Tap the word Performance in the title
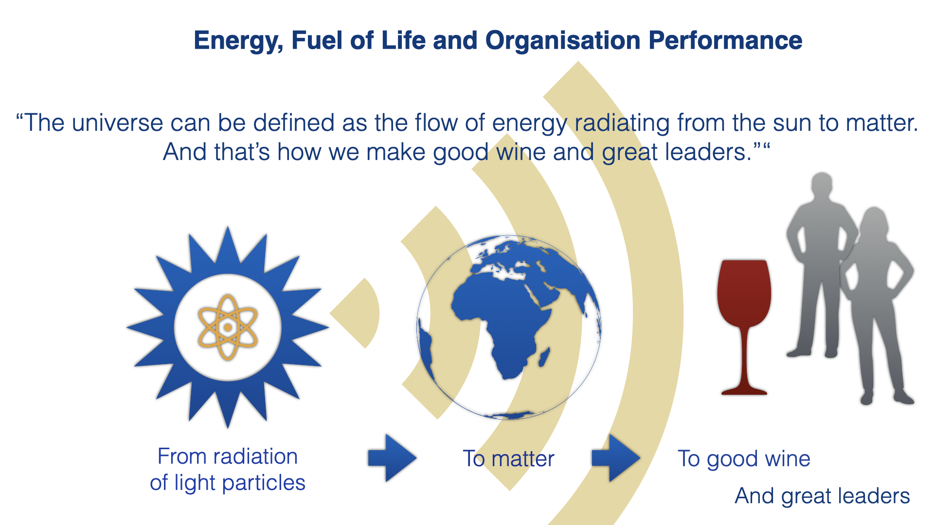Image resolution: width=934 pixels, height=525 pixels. pos(725,40)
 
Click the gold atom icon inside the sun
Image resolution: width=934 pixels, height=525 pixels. pos(227,327)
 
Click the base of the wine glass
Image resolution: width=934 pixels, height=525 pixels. pos(744,390)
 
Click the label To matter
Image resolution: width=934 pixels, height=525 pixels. pos(508,458)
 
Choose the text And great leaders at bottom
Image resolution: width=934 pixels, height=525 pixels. pos(822,496)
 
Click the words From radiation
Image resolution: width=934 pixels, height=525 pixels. pos(228,456)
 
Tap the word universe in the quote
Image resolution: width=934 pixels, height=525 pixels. pos(117,123)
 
